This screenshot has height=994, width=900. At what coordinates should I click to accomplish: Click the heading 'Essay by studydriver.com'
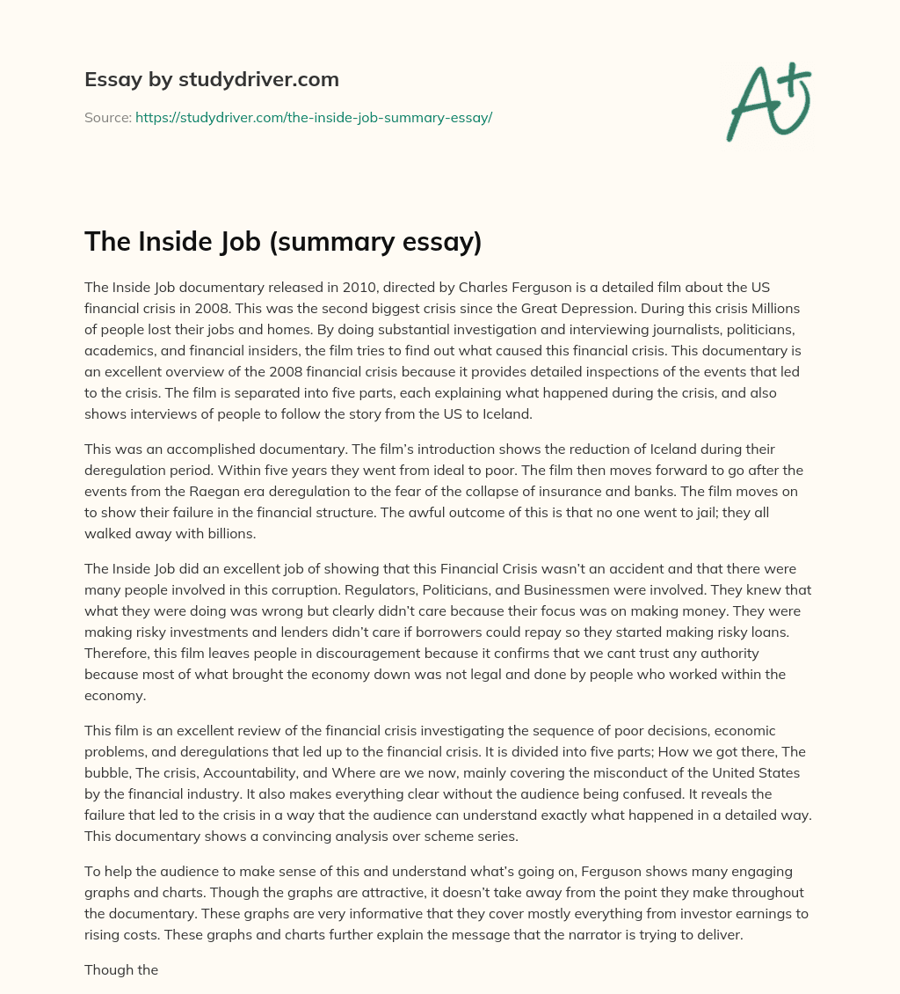(212, 80)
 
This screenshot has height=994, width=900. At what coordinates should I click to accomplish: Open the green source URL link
(313, 117)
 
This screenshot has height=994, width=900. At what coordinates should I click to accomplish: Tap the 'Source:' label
(108, 117)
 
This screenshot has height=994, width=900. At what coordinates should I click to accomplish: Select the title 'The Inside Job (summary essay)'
(283, 242)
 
